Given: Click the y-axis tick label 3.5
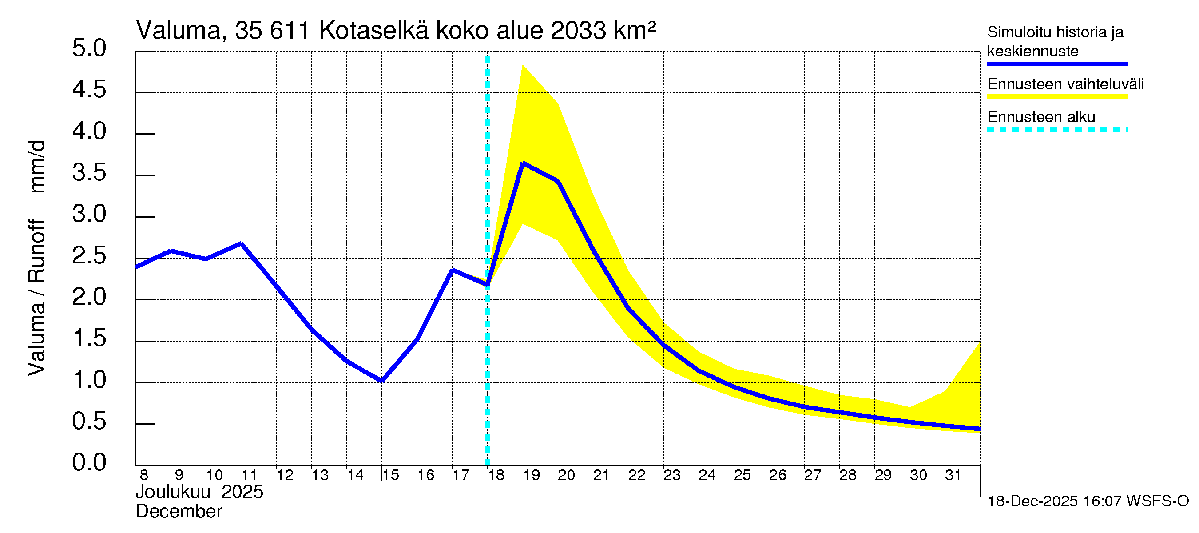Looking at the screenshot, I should point(89,173).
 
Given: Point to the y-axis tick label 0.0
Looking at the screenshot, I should point(89,463).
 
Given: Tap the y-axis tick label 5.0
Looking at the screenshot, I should point(89,49).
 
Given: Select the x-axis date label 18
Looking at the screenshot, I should point(496,475).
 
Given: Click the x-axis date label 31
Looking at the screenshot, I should point(953,475).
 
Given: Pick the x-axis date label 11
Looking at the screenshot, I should point(249,475).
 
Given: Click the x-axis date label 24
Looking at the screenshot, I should point(707,475).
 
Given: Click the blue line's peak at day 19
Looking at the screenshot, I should point(523,163).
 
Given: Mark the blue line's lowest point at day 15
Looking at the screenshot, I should point(381,381).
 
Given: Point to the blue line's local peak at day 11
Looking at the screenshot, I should point(241,243).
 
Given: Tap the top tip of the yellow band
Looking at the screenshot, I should point(523,65).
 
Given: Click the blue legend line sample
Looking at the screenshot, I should point(1057,64).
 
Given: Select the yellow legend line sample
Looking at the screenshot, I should point(1057,97).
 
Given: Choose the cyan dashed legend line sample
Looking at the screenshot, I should point(1057,130).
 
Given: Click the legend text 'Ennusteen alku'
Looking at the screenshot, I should point(1041,117).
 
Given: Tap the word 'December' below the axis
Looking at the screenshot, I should point(179,512).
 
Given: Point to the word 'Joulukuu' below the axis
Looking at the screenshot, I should point(173,492).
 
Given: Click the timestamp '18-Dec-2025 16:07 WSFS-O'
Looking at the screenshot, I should point(1088,501).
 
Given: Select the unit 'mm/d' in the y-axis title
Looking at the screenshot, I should point(37,166).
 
